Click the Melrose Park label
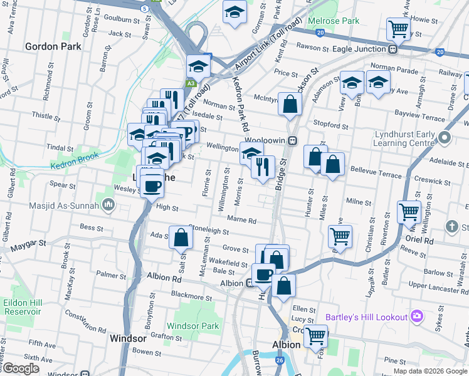tap(334, 21)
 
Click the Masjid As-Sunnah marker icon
tap(108, 204)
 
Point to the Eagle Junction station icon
tap(393, 49)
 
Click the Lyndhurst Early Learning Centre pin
tap(445, 137)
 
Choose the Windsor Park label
tap(193, 326)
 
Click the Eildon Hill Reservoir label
tap(22, 306)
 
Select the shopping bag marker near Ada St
tap(181, 238)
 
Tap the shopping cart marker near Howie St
tap(398, 28)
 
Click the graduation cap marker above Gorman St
tap(234, 12)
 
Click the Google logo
tap(21, 369)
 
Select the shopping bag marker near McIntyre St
tap(289, 105)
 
